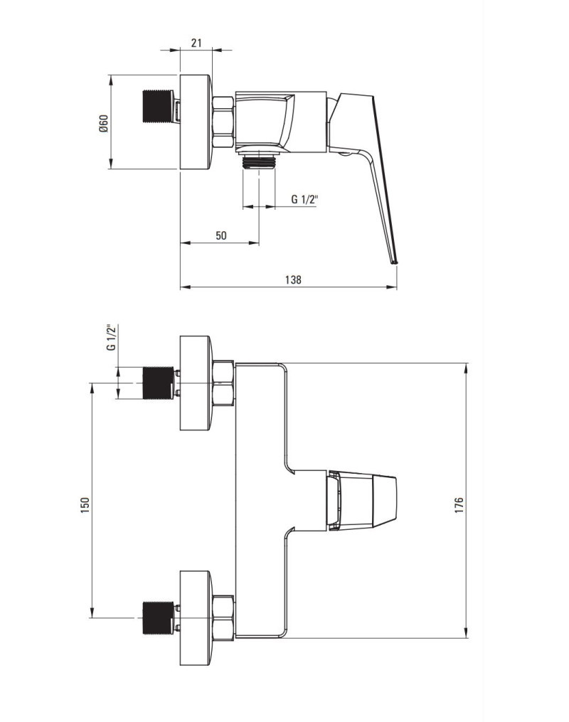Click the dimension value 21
click(x=196, y=43)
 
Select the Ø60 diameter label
click(x=103, y=123)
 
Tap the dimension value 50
click(x=221, y=235)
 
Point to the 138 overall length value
click(x=293, y=280)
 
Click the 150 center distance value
click(x=85, y=505)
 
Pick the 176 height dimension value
click(x=459, y=506)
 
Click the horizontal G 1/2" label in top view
click(x=304, y=199)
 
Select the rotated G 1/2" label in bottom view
click(x=112, y=337)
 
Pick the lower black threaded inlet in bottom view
click(x=158, y=617)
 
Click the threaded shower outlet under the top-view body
click(x=259, y=161)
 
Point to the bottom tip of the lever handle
click(x=395, y=263)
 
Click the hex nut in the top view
click(x=224, y=122)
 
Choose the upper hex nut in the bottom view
click(x=224, y=383)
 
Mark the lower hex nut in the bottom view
click(x=224, y=617)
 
